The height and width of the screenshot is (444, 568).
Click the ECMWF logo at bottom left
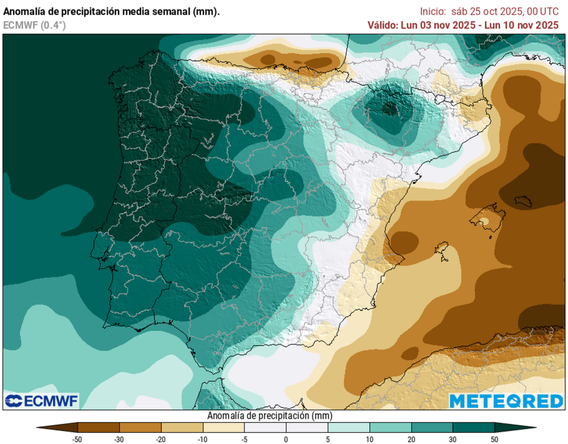pyautogui.click(x=42, y=401)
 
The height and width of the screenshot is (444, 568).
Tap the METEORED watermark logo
pyautogui.click(x=506, y=401)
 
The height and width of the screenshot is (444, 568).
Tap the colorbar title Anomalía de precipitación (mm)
pyautogui.click(x=270, y=416)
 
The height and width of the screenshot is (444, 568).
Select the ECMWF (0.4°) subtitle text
pyautogui.click(x=34, y=24)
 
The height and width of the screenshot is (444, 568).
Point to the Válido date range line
pyautogui.click(x=463, y=25)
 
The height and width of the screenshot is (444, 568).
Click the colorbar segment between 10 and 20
pyautogui.click(x=390, y=427)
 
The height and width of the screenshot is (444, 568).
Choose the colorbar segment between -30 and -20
pyautogui.click(x=140, y=427)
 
